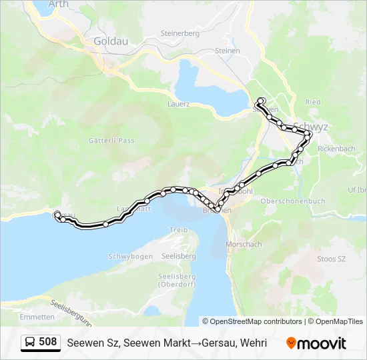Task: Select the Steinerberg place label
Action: [x=180, y=33]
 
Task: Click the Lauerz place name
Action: [x=179, y=104]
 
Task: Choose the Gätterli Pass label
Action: [x=111, y=140]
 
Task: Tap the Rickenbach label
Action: [x=337, y=148]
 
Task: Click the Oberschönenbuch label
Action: [x=293, y=201]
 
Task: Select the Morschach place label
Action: [x=244, y=244]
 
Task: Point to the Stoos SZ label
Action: [x=332, y=259]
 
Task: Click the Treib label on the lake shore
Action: [x=177, y=229]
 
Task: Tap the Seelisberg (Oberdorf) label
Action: [x=176, y=280]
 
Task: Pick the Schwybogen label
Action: [x=130, y=256]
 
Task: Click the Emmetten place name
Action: [x=37, y=317]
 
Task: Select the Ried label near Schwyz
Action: [x=313, y=102]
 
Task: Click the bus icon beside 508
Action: [x=31, y=342]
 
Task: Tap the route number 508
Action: [x=48, y=342]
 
